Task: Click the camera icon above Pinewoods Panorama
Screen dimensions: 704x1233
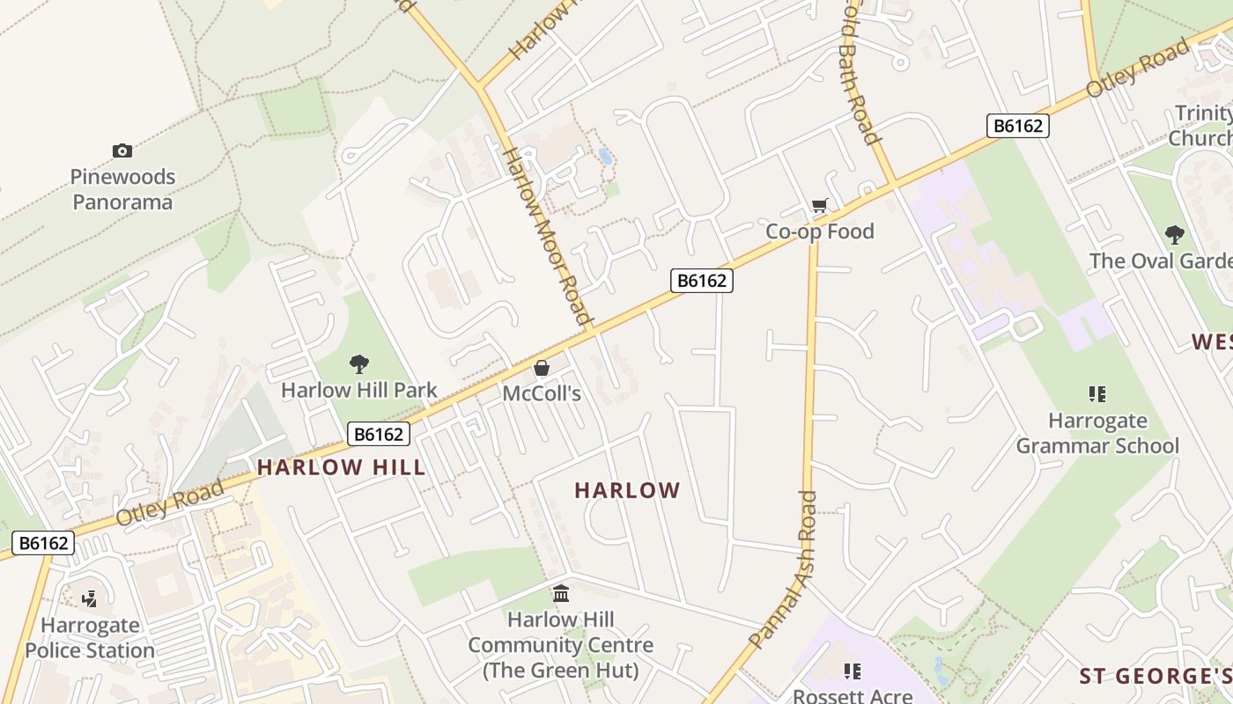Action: click(122, 151)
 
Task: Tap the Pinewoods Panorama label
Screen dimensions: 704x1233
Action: click(122, 189)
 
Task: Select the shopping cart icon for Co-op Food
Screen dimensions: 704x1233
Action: click(820, 206)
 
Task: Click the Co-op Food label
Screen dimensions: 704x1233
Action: click(820, 231)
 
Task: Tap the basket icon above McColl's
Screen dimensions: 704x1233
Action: click(542, 368)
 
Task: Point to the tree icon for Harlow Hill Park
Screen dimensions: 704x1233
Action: click(358, 363)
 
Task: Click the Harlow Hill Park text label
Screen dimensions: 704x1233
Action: click(358, 390)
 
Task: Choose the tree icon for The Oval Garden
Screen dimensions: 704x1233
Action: click(1174, 234)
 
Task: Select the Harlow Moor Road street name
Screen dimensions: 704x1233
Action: click(546, 236)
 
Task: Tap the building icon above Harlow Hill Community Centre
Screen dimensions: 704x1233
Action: click(561, 594)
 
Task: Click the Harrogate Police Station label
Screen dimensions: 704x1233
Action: click(90, 638)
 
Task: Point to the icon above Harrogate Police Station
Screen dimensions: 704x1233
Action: click(89, 600)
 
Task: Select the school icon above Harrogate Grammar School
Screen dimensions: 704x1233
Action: click(1097, 394)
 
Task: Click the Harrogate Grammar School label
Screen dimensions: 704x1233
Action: click(1097, 433)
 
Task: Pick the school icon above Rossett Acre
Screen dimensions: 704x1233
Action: click(852, 671)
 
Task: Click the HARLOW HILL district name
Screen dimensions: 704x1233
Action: click(342, 467)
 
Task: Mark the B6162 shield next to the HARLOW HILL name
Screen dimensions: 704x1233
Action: click(380, 434)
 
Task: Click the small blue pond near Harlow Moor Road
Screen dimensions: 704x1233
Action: click(605, 157)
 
